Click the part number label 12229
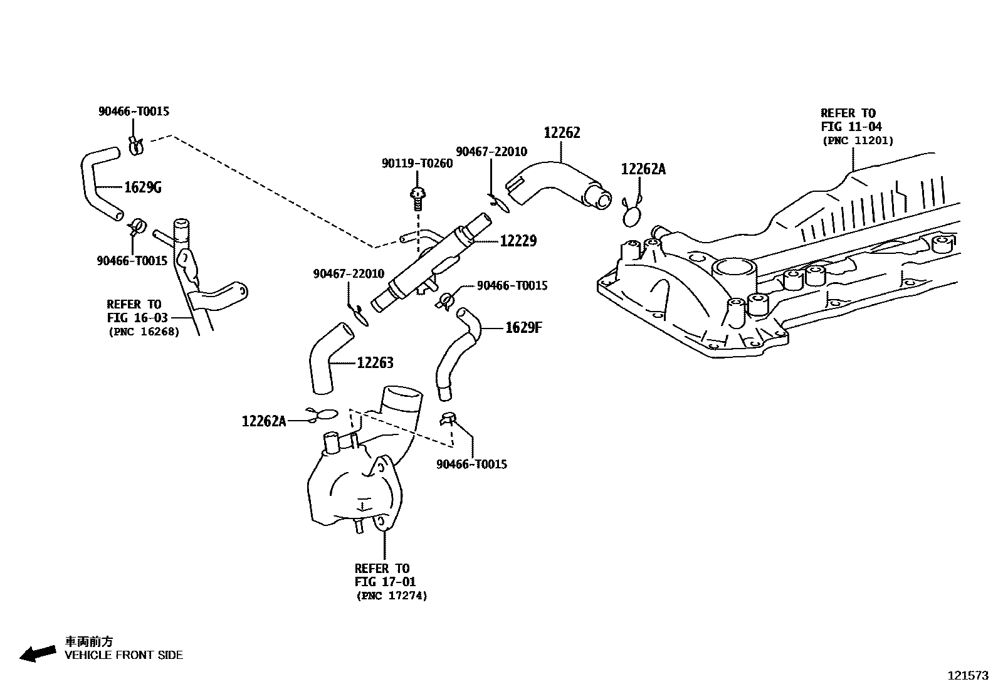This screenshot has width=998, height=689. tap(518, 241)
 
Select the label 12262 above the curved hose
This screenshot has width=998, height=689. tap(562, 133)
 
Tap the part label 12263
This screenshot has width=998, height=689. tap(375, 363)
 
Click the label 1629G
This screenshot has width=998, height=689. tap(143, 187)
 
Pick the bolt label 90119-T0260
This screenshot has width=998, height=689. tap(417, 164)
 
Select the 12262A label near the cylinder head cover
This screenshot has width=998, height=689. tap(643, 169)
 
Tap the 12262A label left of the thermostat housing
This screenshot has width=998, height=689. tap(264, 421)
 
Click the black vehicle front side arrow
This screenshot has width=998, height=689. tap(38, 653)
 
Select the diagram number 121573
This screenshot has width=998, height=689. tap(967, 676)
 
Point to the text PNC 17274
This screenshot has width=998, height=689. tap(392, 596)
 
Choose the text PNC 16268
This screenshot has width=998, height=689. tap(144, 332)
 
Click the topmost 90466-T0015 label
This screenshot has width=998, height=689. tap(134, 112)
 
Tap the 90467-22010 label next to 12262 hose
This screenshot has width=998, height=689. tap(491, 152)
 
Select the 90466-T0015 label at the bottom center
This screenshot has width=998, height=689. tap(471, 465)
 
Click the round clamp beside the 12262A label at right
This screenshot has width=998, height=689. tap(633, 216)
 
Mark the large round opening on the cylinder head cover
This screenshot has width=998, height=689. tap(735, 274)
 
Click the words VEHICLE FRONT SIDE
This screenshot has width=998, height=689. tap(124, 655)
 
